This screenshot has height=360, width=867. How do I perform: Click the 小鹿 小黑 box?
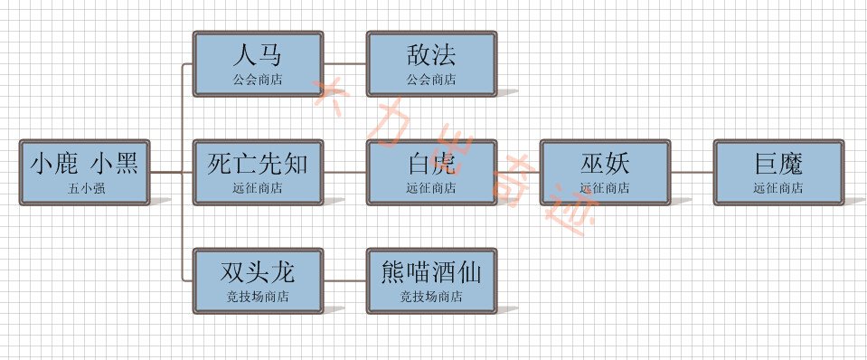(x=84, y=172)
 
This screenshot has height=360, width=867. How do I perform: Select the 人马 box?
(x=258, y=63)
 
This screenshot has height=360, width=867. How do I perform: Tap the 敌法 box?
(x=431, y=63)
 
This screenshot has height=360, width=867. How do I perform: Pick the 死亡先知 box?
(x=258, y=172)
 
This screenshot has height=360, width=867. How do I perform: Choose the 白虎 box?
(x=431, y=172)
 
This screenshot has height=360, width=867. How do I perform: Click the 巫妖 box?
(x=605, y=172)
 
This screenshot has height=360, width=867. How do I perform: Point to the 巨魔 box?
(x=778, y=172)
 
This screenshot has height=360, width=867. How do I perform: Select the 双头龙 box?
(x=258, y=280)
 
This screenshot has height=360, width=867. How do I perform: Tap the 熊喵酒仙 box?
(x=431, y=280)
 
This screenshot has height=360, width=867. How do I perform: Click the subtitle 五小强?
(x=84, y=189)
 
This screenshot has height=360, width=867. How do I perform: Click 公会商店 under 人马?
(x=258, y=80)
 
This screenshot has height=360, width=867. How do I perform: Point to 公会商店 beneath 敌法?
(x=431, y=80)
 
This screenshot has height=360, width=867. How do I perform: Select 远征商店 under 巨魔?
(x=778, y=188)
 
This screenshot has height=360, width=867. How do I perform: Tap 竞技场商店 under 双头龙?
(x=258, y=297)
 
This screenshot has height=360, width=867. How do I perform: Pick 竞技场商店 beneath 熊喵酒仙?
(x=431, y=297)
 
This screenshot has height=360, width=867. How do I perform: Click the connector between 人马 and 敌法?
(x=344, y=64)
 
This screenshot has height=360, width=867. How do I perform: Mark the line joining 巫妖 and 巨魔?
(x=692, y=172)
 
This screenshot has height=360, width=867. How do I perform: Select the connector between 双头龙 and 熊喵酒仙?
(x=344, y=280)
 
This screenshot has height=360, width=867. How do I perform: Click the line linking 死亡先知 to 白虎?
(x=344, y=172)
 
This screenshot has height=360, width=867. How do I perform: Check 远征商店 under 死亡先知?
(x=258, y=188)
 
